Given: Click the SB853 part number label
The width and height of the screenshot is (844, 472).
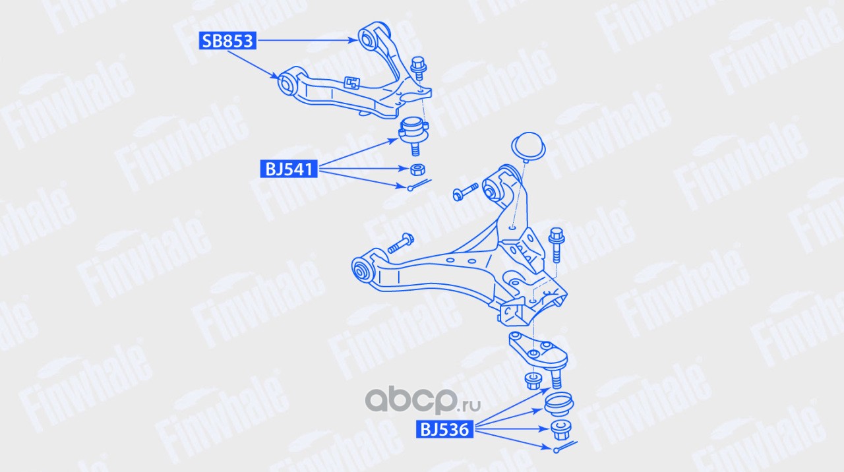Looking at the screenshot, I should [227, 41].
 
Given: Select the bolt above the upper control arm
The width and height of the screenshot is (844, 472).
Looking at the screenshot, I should [418, 68].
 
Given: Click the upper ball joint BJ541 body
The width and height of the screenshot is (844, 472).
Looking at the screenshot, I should [413, 131].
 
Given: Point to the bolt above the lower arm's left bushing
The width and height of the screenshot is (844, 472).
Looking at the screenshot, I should [400, 243].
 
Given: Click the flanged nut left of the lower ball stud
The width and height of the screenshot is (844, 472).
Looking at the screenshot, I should [531, 380].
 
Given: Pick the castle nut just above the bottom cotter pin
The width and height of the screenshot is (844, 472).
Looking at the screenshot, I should [560, 429].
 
